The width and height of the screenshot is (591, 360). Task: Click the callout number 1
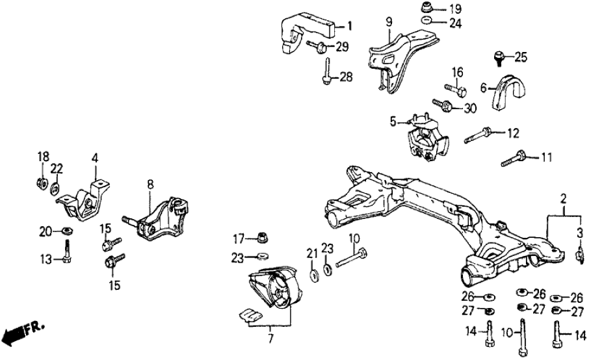(349, 26)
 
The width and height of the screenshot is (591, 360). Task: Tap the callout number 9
(388, 22)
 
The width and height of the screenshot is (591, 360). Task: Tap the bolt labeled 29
(319, 45)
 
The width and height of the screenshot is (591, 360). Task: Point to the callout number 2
(564, 197)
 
